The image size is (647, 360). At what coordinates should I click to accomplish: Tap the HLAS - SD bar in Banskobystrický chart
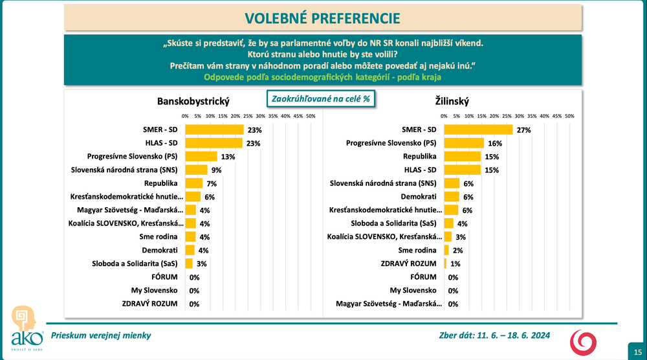click(214, 143)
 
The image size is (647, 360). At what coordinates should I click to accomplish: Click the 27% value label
click(523, 130)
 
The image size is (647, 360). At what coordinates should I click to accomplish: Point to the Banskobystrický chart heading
click(193, 101)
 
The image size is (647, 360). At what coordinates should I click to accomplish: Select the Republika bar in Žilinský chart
click(463, 157)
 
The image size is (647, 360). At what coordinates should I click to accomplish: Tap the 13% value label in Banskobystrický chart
click(228, 157)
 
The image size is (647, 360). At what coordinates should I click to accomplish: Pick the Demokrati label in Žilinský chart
click(419, 197)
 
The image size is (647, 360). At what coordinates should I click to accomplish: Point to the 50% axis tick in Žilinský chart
click(569, 116)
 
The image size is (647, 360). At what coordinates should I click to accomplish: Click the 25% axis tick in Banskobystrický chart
click(248, 116)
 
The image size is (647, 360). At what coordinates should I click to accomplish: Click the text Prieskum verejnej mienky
click(101, 335)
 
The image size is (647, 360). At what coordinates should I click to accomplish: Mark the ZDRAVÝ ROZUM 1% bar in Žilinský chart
click(445, 264)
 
